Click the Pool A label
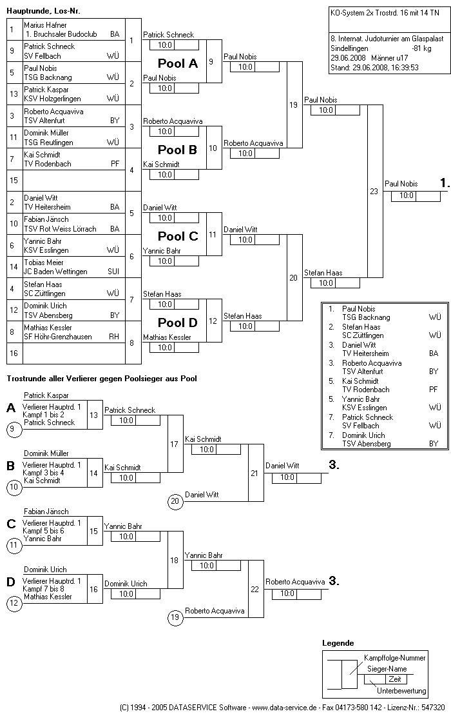(x=178, y=63)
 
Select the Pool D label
(x=178, y=323)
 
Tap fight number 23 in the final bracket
(x=374, y=191)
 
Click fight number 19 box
(x=294, y=104)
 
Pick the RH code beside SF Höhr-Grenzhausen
(x=114, y=337)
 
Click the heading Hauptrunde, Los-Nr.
(x=43, y=11)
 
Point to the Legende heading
(x=338, y=643)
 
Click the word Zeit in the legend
(x=394, y=679)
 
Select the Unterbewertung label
(x=401, y=691)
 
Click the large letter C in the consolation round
(x=11, y=524)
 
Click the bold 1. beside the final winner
(x=444, y=184)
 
